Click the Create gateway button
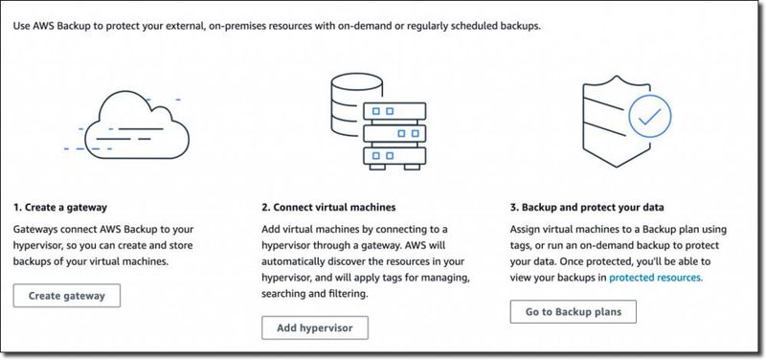(x=66, y=296)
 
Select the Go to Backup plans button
(x=573, y=312)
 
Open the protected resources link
(x=655, y=278)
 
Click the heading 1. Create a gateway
(x=59, y=207)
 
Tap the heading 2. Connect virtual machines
(x=328, y=207)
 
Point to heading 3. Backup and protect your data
(x=587, y=207)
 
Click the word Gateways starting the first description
(x=38, y=231)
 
